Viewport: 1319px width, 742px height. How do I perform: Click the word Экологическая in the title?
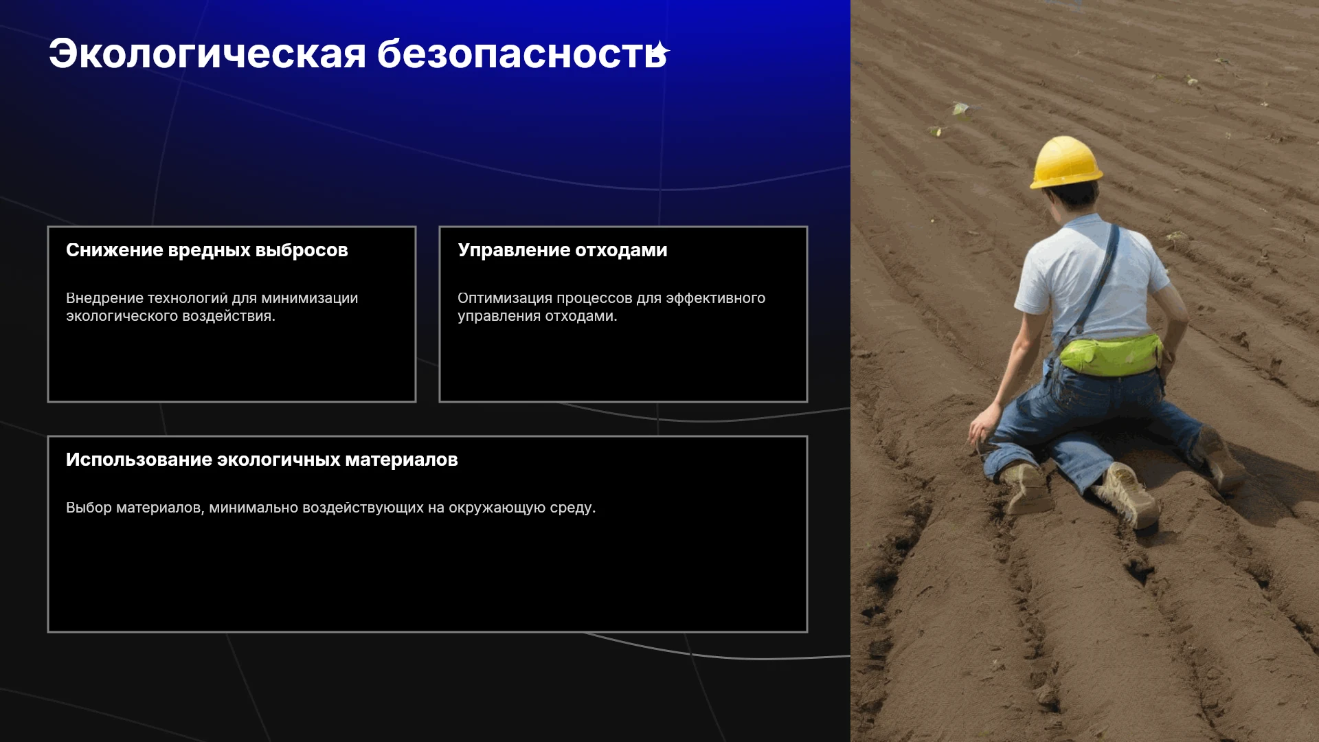(207, 55)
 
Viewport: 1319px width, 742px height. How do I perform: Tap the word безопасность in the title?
(521, 54)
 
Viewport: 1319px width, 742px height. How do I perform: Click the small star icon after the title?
(660, 50)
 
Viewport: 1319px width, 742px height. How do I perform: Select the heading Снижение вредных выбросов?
(207, 250)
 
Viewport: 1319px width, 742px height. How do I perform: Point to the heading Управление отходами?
(563, 250)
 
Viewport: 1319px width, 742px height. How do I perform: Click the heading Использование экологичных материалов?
(262, 460)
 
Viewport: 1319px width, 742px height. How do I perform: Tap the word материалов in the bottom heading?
(401, 460)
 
